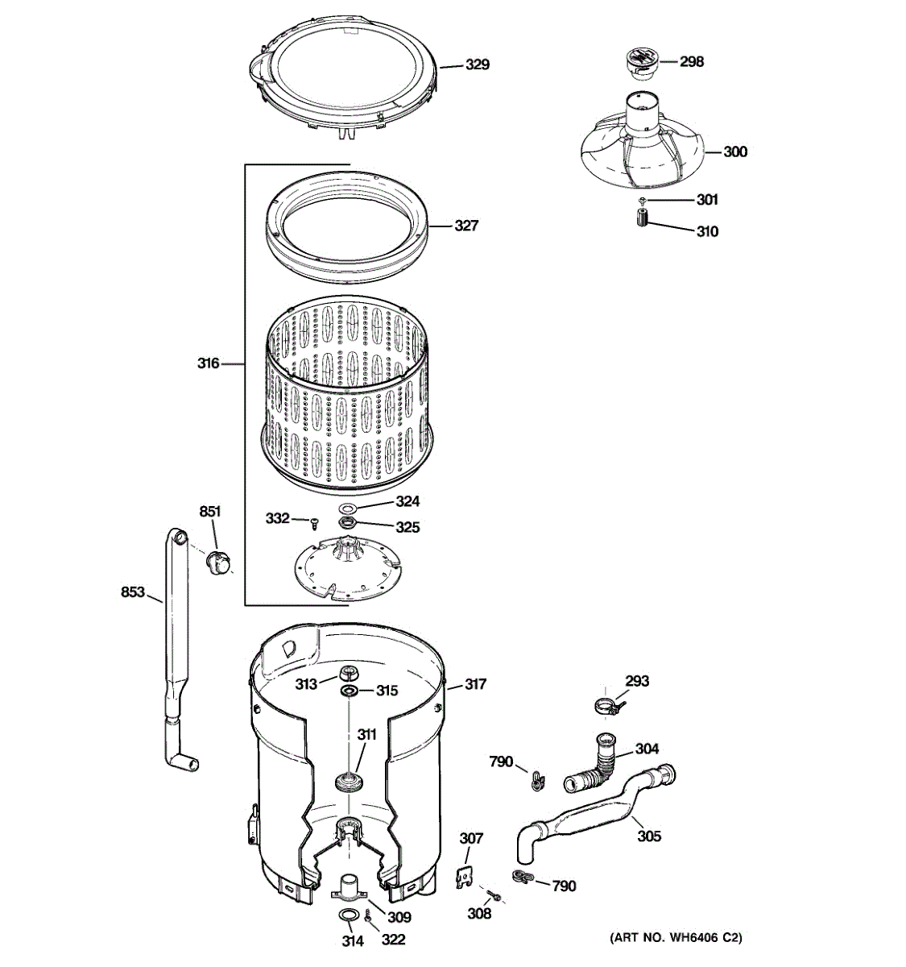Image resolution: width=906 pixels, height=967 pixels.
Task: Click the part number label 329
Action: click(478, 64)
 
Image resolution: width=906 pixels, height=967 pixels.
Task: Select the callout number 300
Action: click(734, 151)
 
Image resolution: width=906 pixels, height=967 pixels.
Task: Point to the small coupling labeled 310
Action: click(642, 218)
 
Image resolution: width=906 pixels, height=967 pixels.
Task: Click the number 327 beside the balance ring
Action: click(466, 226)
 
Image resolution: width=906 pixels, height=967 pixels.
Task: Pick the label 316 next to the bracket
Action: click(209, 363)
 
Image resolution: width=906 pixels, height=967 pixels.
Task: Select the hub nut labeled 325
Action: click(349, 524)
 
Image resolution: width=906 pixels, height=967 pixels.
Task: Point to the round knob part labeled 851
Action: click(214, 561)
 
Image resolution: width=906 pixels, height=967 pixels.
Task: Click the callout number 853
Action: click(133, 592)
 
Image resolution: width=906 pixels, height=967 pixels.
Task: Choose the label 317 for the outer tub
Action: click(475, 684)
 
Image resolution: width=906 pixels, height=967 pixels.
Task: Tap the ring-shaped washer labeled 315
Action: click(349, 692)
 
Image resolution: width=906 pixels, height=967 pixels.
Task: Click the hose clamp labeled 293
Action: click(609, 708)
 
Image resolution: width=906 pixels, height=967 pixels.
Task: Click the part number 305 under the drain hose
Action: click(649, 836)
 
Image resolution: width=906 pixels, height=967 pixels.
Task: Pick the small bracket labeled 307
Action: click(464, 876)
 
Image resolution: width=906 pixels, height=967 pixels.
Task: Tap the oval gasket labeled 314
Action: click(348, 915)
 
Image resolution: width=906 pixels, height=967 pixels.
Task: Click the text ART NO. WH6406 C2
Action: click(676, 938)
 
